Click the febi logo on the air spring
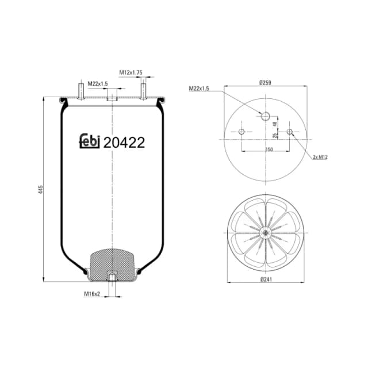tap(89, 141)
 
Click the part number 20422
tap(124, 141)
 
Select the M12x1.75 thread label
tap(131, 72)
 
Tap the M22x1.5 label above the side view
tap(98, 84)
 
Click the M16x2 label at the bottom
tap(92, 294)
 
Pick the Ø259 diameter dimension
tap(265, 83)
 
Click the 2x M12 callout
tap(320, 156)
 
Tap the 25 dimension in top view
tap(275, 136)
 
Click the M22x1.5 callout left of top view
tap(198, 89)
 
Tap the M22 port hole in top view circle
tap(265, 117)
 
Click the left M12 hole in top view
tap(241, 132)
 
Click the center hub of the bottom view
tap(265, 232)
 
